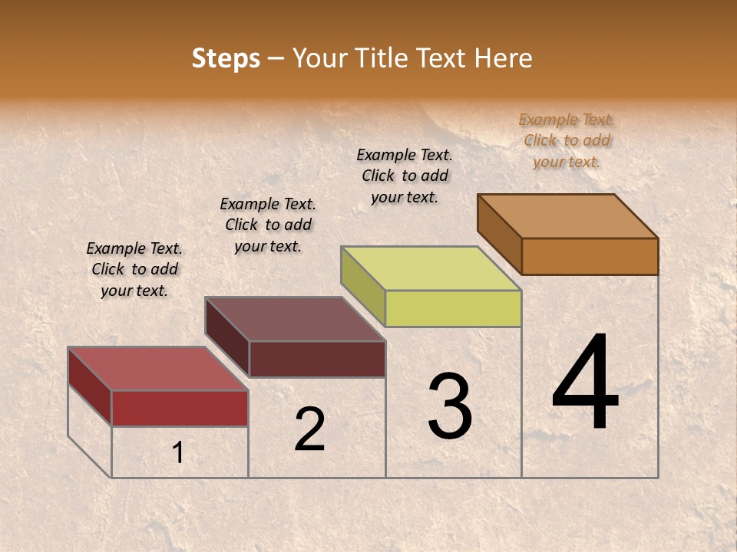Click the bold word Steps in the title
226,59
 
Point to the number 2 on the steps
310,429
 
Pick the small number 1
178,453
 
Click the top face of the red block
157,369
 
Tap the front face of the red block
180,408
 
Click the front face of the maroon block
317,359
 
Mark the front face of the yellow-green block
453,308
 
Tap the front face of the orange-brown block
590,256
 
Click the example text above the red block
134,269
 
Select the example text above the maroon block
268,225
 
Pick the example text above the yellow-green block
405,176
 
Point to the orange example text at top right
567,140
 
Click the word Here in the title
503,59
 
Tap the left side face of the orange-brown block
500,234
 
